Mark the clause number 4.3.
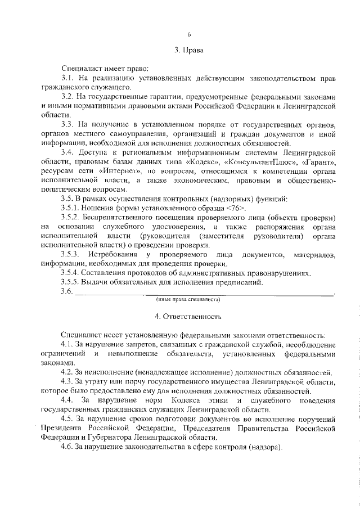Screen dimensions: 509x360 click(67, 381)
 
